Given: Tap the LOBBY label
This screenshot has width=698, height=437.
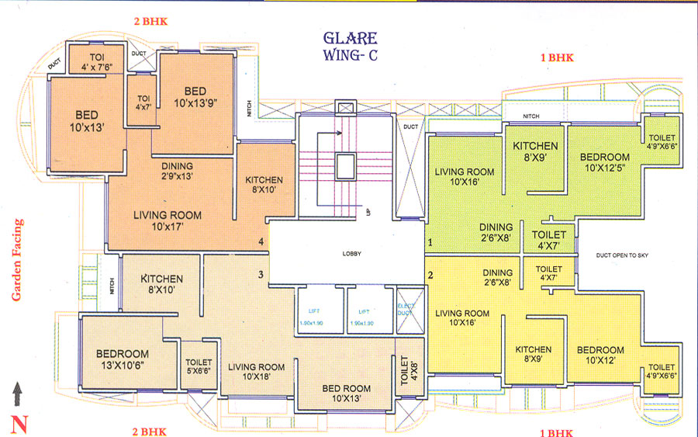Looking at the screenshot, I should tap(353, 254).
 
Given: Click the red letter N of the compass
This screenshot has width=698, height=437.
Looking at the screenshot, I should tap(17, 423).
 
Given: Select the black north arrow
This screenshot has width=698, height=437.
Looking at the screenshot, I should tap(17, 394).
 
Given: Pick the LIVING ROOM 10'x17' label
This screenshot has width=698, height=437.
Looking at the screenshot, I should tap(167, 221).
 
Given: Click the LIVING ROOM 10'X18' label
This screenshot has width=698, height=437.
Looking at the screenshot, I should tap(256, 373).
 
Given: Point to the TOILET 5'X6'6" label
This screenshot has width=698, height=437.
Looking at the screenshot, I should tap(199, 367).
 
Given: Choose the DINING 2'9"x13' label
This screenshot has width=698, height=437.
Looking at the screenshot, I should tap(177, 171).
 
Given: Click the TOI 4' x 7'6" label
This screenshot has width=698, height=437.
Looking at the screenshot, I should tap(97, 61).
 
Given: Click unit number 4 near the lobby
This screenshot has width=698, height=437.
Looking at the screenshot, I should tap(261, 243).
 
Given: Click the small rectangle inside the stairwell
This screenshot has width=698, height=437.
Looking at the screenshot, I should tap(344, 165).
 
